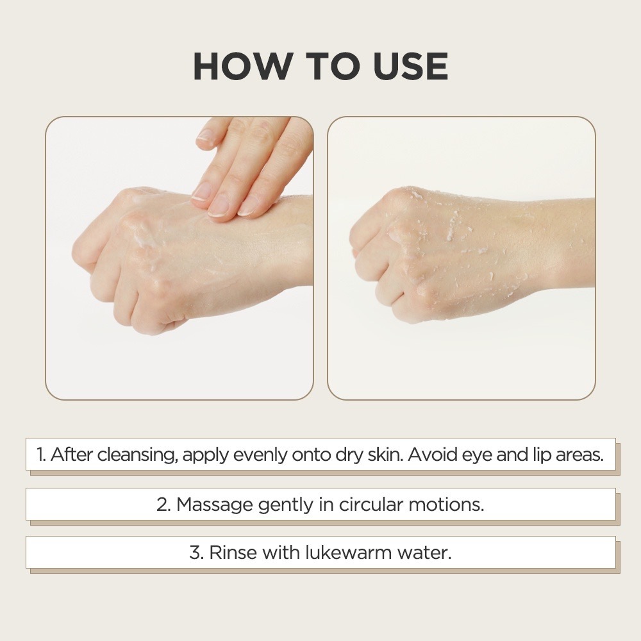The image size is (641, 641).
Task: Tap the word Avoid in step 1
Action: (x=431, y=454)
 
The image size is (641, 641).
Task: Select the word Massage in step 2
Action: (x=215, y=504)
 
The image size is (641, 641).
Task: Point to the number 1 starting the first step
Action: (x=40, y=455)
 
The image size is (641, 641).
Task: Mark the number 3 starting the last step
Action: (x=196, y=553)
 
